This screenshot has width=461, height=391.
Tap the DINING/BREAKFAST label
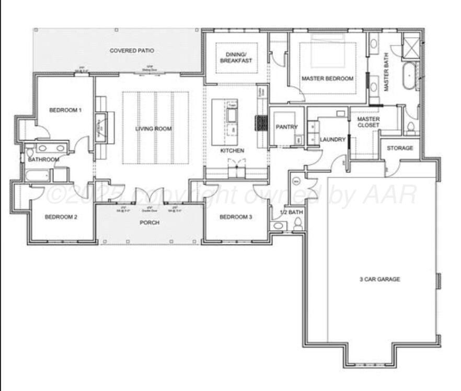click(x=236, y=57)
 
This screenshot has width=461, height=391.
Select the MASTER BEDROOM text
click(x=327, y=78)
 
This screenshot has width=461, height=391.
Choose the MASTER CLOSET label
click(x=368, y=122)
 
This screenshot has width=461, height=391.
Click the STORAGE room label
click(x=400, y=148)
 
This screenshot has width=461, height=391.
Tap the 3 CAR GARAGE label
click(x=380, y=279)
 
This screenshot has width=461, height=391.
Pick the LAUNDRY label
click(x=333, y=140)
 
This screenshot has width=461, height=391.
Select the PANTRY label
click(x=286, y=127)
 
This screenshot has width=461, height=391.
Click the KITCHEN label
click(x=232, y=151)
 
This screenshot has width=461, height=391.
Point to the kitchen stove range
click(x=260, y=123)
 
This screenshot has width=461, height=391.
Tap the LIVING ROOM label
click(x=154, y=129)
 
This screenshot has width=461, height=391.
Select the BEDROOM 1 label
click(x=65, y=110)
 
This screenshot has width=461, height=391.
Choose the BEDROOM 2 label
click(x=61, y=217)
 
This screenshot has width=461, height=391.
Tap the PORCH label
click(x=149, y=223)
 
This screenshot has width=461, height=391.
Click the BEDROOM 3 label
click(x=236, y=217)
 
